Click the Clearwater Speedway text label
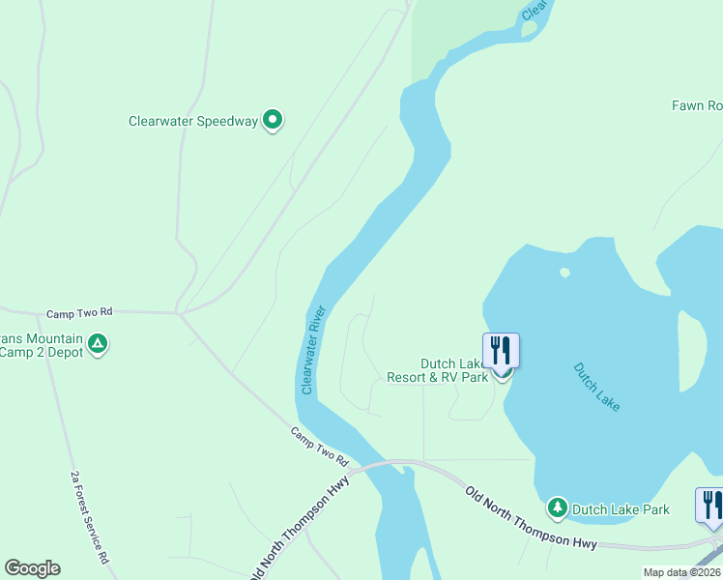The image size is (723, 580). tap(193, 122)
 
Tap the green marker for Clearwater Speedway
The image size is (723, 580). tap(273, 120)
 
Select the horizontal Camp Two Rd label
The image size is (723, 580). tap(79, 313)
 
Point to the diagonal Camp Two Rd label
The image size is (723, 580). tap(319, 447)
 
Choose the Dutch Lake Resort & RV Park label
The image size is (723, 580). tap(438, 370)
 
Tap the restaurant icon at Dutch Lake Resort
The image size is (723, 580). tap(501, 349)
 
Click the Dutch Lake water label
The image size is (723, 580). tap(596, 387)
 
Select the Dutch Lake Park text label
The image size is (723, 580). tap(620, 508)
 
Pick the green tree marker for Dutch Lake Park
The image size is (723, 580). tap(557, 507)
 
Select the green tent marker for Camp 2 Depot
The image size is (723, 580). tap(97, 343)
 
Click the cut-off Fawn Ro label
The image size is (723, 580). tap(697, 105)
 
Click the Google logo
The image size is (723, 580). tap(32, 568)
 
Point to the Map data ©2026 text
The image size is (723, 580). tap(681, 572)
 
